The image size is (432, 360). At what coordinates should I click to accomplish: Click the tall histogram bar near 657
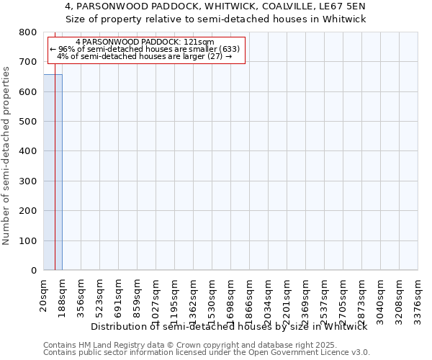53,173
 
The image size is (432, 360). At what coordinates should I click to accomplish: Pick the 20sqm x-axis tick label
44,293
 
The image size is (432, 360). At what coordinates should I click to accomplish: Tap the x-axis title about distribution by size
230,326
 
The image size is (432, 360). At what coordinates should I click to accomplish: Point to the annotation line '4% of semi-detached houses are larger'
144,57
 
